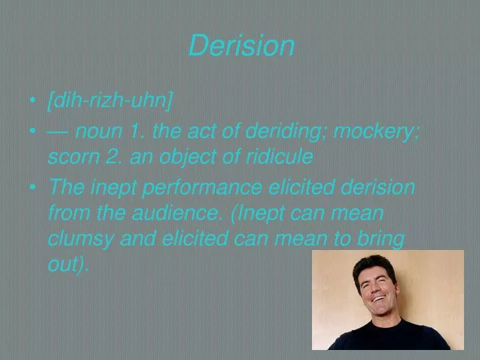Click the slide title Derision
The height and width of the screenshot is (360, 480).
241,46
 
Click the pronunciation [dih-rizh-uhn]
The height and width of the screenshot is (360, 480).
110,101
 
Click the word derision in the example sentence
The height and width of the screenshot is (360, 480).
377,187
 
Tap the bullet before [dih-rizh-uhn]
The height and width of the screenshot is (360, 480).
33,103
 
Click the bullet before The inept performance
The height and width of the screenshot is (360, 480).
33,189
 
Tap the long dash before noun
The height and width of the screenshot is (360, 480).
59,132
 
